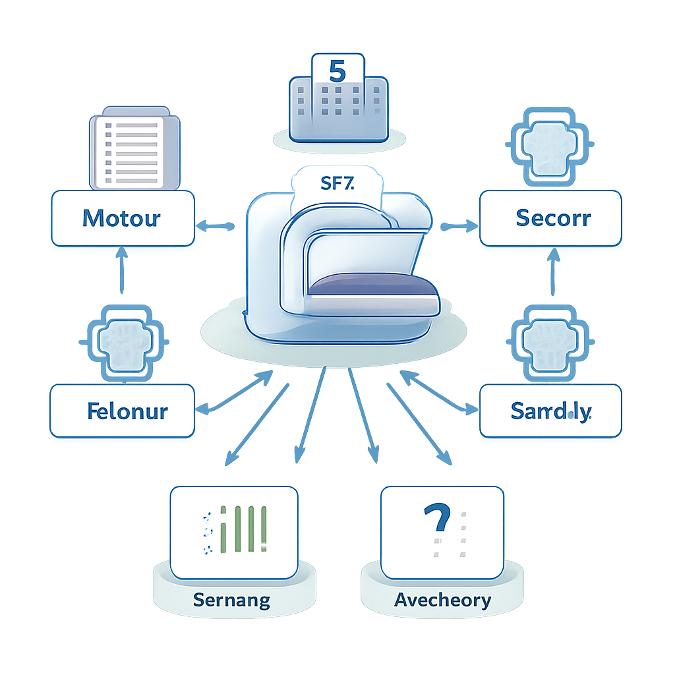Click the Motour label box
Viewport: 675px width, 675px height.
123,218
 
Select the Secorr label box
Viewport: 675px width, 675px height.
550,218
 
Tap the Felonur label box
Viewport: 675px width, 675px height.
123,411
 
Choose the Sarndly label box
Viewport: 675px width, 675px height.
550,411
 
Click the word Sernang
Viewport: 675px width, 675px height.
231,600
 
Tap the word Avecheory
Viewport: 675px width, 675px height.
442,600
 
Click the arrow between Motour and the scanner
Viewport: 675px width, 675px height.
216,227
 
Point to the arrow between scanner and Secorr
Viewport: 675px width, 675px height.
459,227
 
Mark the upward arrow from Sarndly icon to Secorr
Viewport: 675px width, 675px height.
552,272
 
